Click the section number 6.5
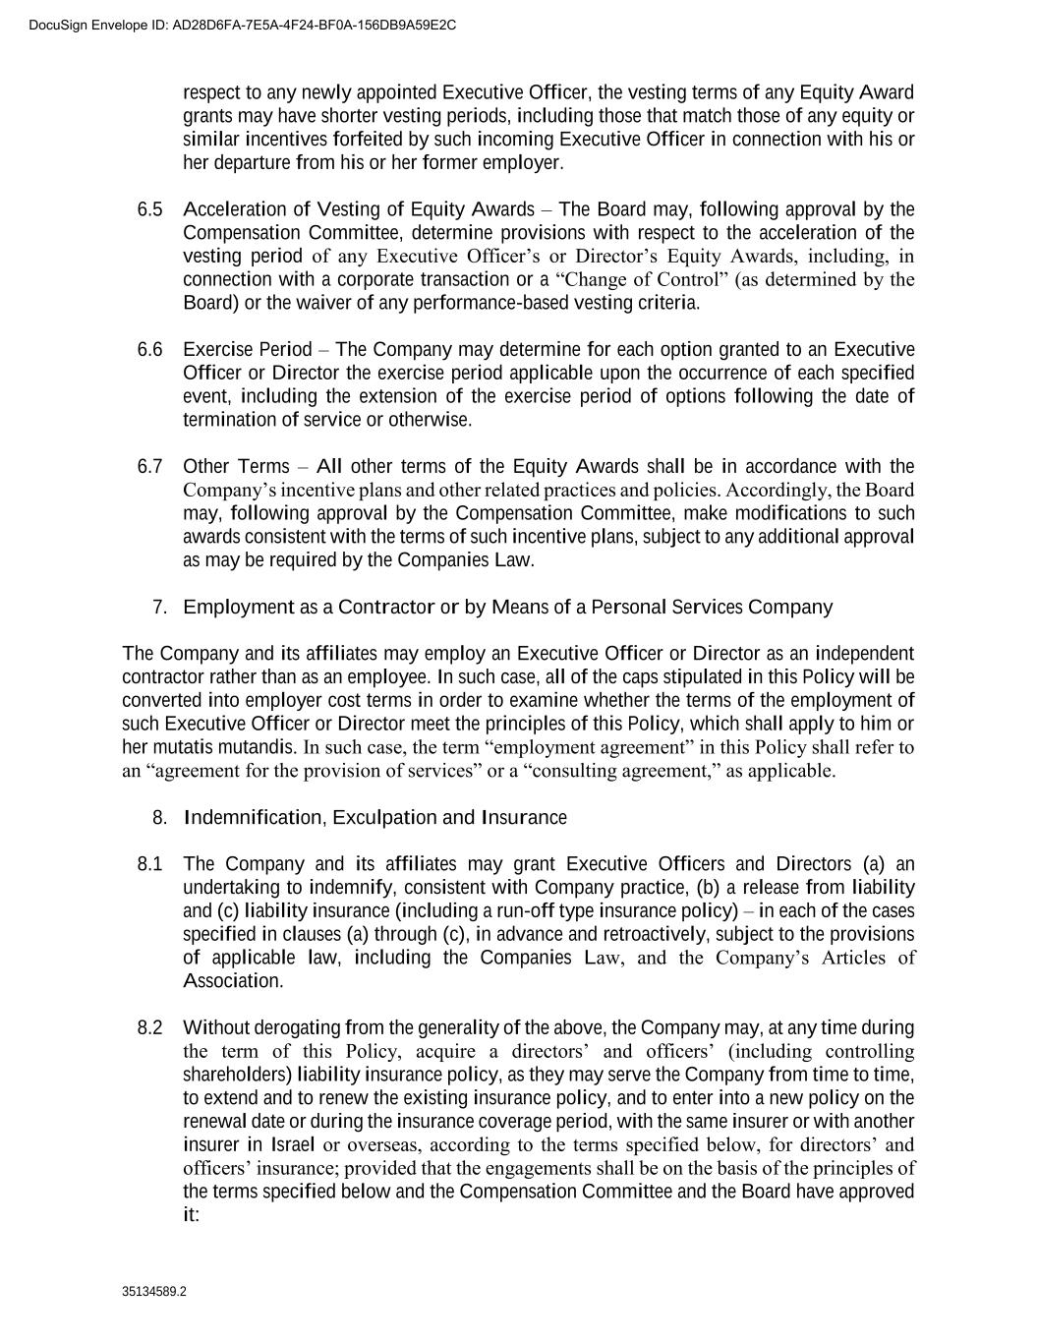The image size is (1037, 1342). click(149, 209)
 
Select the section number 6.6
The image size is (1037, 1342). click(149, 350)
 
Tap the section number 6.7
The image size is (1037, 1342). click(149, 466)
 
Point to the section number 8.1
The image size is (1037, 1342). click(149, 864)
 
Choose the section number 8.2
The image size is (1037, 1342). click(149, 1028)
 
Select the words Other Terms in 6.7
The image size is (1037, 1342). click(236, 466)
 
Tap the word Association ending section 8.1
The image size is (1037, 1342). click(232, 981)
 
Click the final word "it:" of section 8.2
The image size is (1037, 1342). click(192, 1215)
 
